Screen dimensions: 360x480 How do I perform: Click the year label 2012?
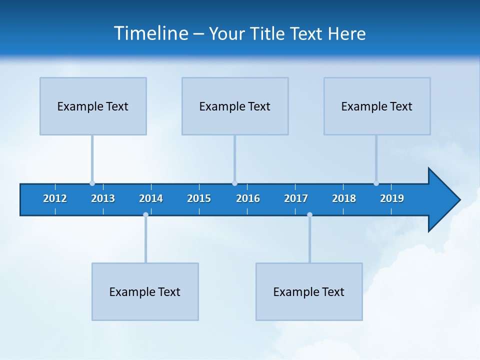pyautogui.click(x=55, y=198)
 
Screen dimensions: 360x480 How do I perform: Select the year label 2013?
pyautogui.click(x=103, y=198)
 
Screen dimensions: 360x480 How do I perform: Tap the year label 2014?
pyautogui.click(x=151, y=198)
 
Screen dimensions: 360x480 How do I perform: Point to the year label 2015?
pyautogui.click(x=199, y=198)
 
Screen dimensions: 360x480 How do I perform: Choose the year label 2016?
pyautogui.click(x=248, y=198)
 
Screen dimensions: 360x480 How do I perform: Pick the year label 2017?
pyautogui.click(x=296, y=198)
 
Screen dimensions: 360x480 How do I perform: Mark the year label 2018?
pyautogui.click(x=344, y=198)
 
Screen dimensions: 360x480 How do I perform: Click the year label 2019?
pyautogui.click(x=392, y=198)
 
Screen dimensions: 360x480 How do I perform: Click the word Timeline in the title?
pyautogui.click(x=150, y=33)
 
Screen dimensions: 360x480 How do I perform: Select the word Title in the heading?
pyautogui.click(x=268, y=34)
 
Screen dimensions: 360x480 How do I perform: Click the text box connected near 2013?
pyautogui.click(x=93, y=106)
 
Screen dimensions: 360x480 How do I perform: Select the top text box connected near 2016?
pyautogui.click(x=235, y=106)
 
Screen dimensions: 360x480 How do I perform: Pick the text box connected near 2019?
pyautogui.click(x=377, y=106)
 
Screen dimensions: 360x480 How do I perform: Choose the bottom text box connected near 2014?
pyautogui.click(x=145, y=291)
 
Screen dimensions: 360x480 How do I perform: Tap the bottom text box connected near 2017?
pyautogui.click(x=309, y=291)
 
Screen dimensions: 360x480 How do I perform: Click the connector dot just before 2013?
pyautogui.click(x=92, y=183)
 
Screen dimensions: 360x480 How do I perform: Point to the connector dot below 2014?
pyautogui.click(x=145, y=215)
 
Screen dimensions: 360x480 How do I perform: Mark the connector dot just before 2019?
pyautogui.click(x=376, y=183)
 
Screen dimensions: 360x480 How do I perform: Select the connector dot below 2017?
pyautogui.click(x=309, y=215)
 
